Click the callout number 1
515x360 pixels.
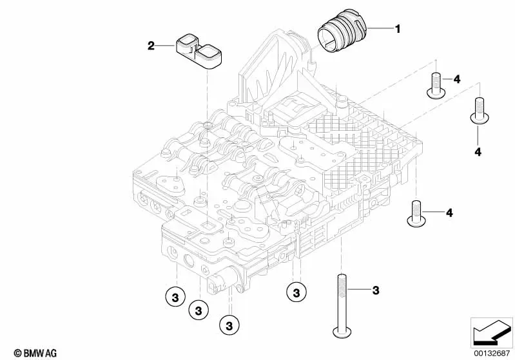(x=398, y=29)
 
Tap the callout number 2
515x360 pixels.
(x=151, y=46)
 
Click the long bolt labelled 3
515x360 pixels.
(x=340, y=305)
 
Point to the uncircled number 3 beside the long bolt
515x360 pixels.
(x=376, y=290)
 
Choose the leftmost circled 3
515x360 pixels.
(x=175, y=298)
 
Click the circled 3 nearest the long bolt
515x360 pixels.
(x=296, y=292)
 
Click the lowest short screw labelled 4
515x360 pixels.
(x=416, y=213)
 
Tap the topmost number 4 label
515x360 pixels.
(x=457, y=79)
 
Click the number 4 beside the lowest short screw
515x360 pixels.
(x=449, y=213)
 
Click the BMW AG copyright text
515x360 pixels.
(x=35, y=353)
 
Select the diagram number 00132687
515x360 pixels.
(x=491, y=353)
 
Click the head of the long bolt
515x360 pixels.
(x=340, y=332)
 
